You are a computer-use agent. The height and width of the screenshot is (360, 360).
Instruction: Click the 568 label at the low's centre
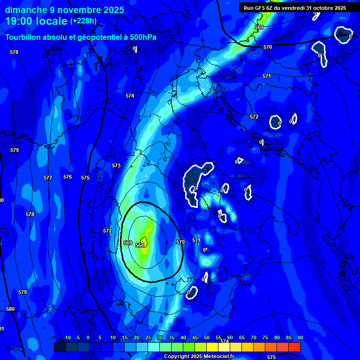(x=140, y=245)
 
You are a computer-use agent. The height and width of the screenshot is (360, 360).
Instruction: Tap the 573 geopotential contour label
(x=116, y=165)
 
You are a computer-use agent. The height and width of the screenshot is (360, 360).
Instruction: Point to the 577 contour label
(x=48, y=178)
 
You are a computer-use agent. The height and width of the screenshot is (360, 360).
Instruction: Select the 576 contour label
(x=67, y=177)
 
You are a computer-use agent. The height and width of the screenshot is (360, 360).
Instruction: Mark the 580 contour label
(x=10, y=309)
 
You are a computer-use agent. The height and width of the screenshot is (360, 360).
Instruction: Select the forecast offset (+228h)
(x=83, y=21)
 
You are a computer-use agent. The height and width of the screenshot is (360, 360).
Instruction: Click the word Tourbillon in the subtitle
(x=23, y=37)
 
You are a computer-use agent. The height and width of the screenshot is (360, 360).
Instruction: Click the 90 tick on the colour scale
(x=300, y=337)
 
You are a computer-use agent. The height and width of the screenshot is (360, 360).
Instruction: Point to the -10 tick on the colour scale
(x=67, y=337)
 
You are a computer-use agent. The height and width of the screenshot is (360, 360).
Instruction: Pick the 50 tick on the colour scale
(x=207, y=337)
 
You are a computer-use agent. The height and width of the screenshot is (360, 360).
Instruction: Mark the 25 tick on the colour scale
(x=148, y=337)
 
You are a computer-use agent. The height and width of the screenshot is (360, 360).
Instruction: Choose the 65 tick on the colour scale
(x=242, y=337)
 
